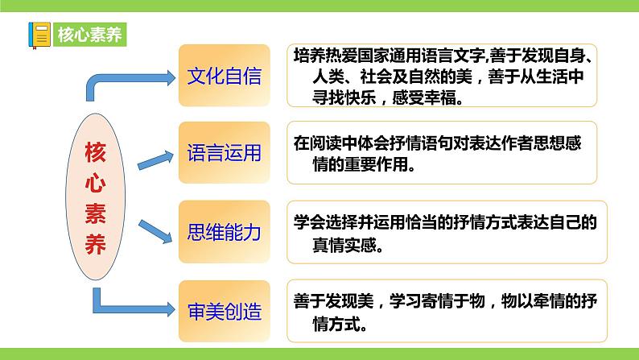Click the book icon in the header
[39, 34]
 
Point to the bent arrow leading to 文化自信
[121, 81]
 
